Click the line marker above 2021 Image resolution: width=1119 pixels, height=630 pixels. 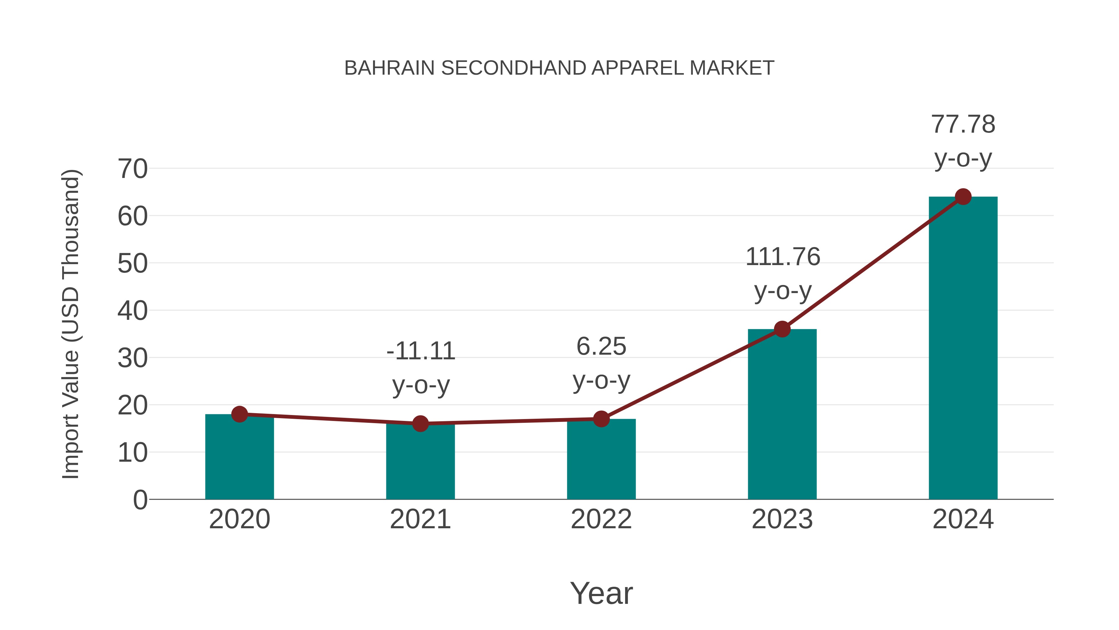pyautogui.click(x=420, y=423)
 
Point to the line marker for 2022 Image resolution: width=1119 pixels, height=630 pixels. pyautogui.click(x=601, y=419)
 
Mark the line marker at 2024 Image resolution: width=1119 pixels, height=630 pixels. pyautogui.click(x=963, y=197)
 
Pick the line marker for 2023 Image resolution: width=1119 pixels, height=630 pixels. pyautogui.click(x=782, y=329)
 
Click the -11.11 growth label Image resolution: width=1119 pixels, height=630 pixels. pyautogui.click(x=421, y=351)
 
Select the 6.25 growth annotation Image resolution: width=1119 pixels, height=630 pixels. pyautogui.click(x=601, y=347)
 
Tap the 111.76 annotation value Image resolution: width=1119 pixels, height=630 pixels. pyautogui.click(x=783, y=257)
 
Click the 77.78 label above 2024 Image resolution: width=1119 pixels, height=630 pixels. pyautogui.click(x=963, y=124)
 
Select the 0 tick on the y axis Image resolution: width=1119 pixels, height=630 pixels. pyautogui.click(x=140, y=500)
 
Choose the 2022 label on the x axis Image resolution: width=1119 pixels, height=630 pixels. pyautogui.click(x=601, y=519)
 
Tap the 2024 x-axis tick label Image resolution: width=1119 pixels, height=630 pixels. pyautogui.click(x=963, y=519)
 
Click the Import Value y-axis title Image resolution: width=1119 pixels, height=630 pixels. pyautogui.click(x=70, y=324)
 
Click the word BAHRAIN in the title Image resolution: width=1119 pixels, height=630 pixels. pyautogui.click(x=389, y=68)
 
